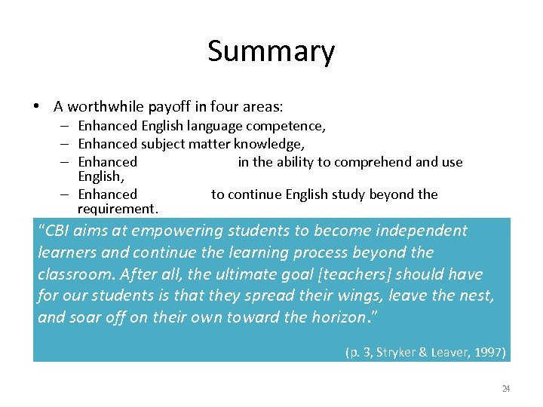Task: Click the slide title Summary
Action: coord(271,52)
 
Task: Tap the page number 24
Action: coord(506,389)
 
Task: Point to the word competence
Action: coord(288,127)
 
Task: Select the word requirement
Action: coord(117,208)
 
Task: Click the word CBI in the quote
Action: coord(60,231)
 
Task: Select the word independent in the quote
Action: coord(421,231)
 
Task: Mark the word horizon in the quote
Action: coord(336,317)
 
